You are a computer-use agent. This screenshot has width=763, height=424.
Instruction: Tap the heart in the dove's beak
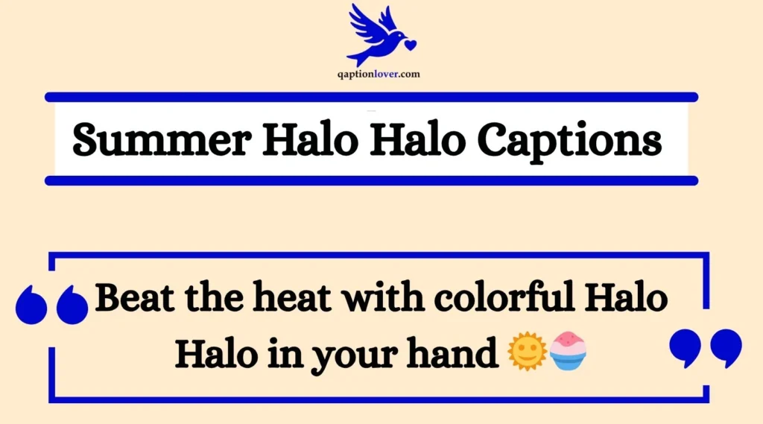coord(409,45)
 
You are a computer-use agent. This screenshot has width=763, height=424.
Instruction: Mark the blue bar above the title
coord(371,97)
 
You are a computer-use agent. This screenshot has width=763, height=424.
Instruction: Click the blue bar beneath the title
coord(371,180)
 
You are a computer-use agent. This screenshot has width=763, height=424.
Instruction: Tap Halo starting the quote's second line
coord(214,349)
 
